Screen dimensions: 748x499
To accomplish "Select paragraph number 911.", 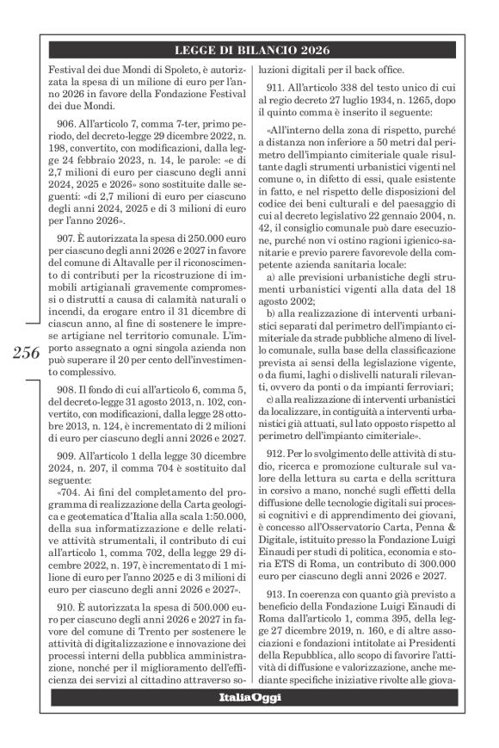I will pos(282,90).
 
